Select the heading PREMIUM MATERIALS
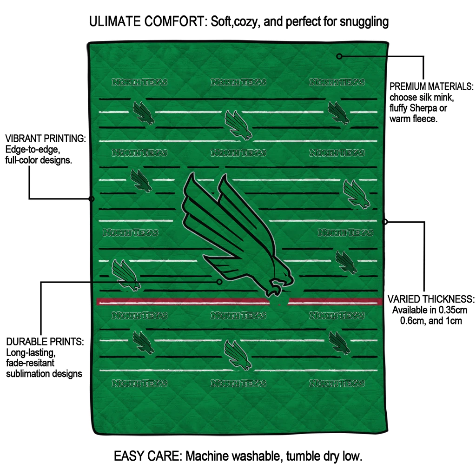(x=431, y=86)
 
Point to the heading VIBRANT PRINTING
(x=46, y=139)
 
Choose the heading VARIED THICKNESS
(x=431, y=299)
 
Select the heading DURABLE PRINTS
(x=45, y=342)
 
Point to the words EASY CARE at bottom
(x=148, y=456)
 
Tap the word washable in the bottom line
(x=258, y=456)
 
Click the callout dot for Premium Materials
(x=339, y=56)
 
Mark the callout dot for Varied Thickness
(x=384, y=222)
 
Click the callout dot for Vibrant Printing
(x=92, y=199)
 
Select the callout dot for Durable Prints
(x=219, y=282)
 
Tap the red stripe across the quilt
(x=239, y=301)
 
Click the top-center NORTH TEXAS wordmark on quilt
(x=238, y=82)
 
